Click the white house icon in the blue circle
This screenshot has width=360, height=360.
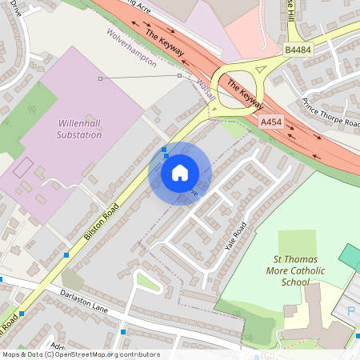point(180,172)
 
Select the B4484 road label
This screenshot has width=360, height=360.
point(298,50)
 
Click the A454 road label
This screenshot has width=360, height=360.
point(271,121)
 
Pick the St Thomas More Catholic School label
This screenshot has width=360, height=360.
point(302,270)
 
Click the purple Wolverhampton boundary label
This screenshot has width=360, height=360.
point(131,50)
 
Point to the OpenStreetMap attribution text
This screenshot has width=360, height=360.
point(81,354)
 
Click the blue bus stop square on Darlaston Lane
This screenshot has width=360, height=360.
point(123,330)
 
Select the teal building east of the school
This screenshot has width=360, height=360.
point(350,257)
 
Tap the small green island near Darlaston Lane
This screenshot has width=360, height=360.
point(148,281)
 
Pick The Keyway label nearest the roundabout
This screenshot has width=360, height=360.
point(246,94)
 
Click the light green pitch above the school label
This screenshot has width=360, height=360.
point(297,242)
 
